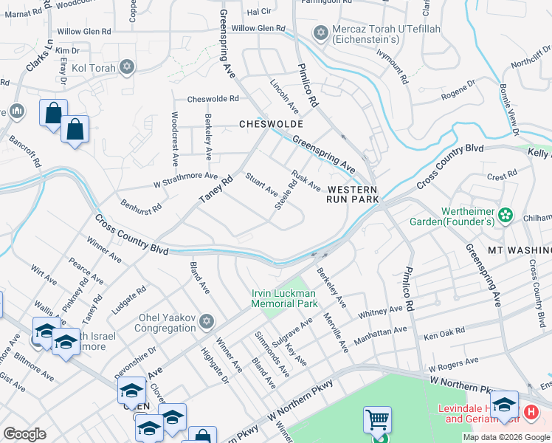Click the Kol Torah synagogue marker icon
(x=126, y=68)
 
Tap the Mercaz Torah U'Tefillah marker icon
(x=320, y=33)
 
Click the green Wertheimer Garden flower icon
(x=506, y=215)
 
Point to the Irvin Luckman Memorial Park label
(x=284, y=298)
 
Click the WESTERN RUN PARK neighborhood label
(x=353, y=195)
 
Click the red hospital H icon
(x=529, y=411)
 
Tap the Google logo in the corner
(x=25, y=434)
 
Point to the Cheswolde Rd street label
(x=213, y=98)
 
